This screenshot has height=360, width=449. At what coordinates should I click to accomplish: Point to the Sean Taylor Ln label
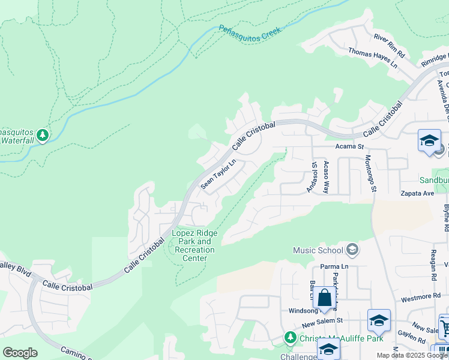click(x=218, y=175)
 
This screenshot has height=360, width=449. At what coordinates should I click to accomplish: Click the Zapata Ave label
click(x=418, y=194)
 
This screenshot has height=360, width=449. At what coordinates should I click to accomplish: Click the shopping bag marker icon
click(x=324, y=298)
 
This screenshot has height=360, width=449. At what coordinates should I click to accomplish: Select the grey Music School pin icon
click(x=352, y=250)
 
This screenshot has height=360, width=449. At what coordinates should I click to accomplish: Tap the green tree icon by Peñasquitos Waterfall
click(x=42, y=136)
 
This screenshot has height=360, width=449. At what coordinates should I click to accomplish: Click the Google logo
click(x=20, y=353)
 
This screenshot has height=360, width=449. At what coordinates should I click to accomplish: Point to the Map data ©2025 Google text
click(x=412, y=355)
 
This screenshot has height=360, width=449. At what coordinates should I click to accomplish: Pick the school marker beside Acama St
click(x=429, y=141)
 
